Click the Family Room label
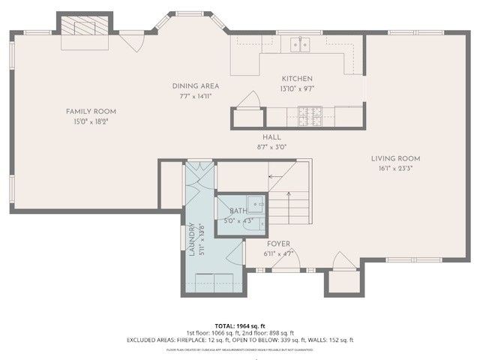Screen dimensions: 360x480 tap(94, 111)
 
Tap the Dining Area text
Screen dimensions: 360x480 tap(194, 86)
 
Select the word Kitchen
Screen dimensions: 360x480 tap(297, 79)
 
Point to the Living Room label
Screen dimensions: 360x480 tap(395, 158)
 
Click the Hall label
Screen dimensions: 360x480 tap(271, 137)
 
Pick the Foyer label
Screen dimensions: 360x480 tap(278, 244)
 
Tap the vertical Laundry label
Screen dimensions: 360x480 tap(192, 241)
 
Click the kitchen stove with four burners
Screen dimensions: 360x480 tap(310, 116)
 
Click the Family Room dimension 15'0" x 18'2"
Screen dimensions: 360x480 tap(94, 121)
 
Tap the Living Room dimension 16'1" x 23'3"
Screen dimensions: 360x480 tap(395, 168)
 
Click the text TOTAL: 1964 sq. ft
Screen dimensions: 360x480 tap(239, 326)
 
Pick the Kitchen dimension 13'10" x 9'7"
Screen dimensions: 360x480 tap(297, 88)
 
